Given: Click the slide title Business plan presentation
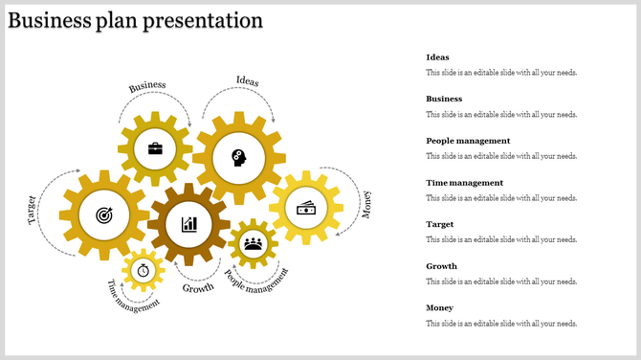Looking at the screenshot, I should (135, 20).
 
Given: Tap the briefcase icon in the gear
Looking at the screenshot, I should (154, 148).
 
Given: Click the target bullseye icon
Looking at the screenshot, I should (104, 216).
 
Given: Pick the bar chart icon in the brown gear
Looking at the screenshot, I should (189, 224).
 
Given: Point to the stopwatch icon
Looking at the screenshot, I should (144, 270).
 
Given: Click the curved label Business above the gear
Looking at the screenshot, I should (147, 87).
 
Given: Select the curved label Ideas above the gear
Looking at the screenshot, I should (247, 81).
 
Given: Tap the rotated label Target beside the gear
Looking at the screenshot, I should (32, 210).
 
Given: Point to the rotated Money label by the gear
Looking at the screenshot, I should (366, 204).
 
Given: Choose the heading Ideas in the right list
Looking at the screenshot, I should (437, 57).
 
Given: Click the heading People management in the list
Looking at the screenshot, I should (468, 141).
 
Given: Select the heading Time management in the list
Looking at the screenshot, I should (464, 182).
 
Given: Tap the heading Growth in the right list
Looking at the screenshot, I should (441, 266).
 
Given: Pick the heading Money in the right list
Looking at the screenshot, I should (440, 307).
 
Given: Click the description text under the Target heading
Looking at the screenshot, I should (501, 239).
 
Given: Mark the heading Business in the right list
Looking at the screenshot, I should (444, 99).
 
